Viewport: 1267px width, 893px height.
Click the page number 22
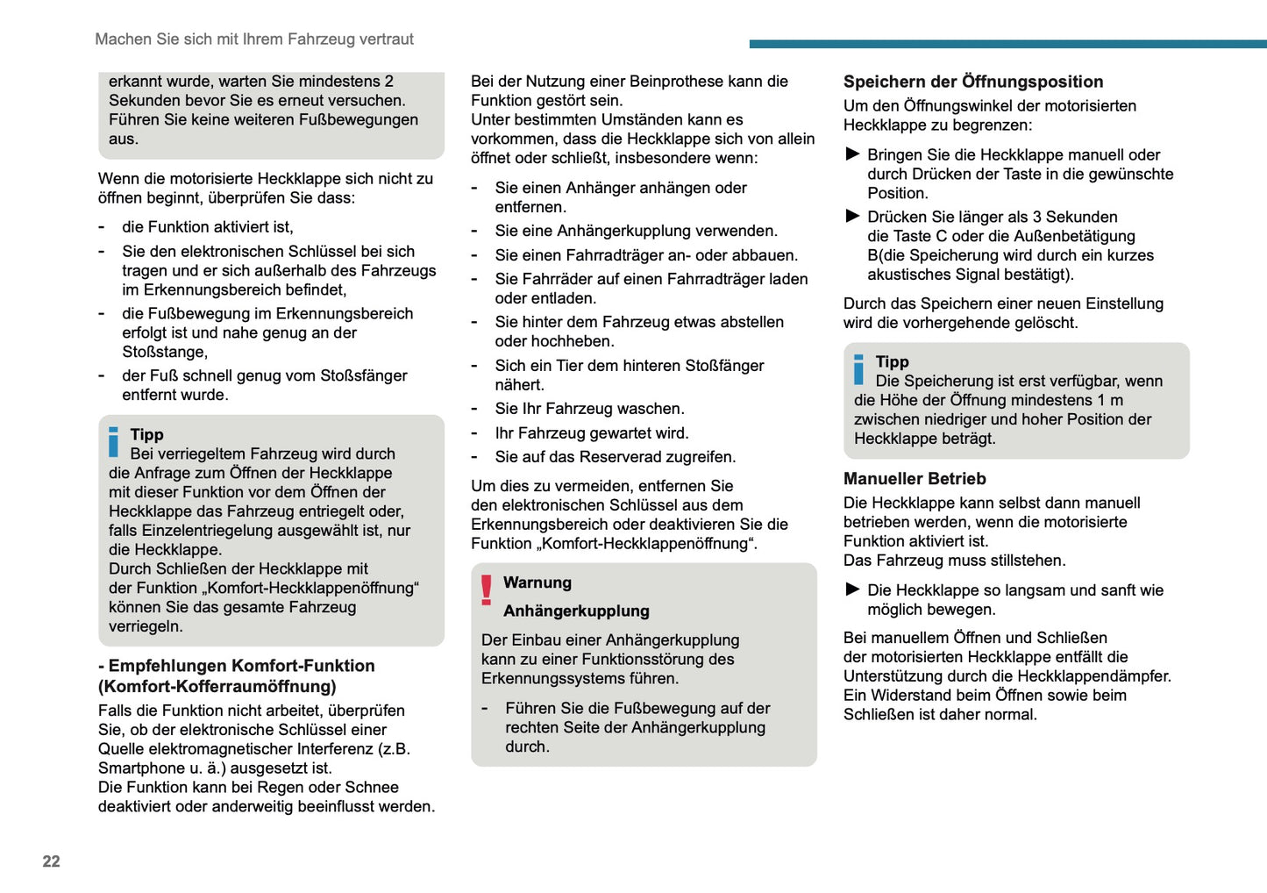pos(51,861)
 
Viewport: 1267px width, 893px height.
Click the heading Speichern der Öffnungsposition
pos(973,82)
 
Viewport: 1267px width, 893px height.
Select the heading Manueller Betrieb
pos(915,479)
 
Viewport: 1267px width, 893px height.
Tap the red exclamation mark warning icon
pos(487,589)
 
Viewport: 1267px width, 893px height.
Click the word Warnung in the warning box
pos(537,582)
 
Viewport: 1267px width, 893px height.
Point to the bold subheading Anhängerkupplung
pos(576,611)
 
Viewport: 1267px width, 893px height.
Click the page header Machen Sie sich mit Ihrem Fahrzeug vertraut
pos(254,39)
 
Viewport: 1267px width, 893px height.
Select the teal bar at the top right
pos(1007,44)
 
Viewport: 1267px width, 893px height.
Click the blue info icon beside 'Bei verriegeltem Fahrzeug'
pos(113,442)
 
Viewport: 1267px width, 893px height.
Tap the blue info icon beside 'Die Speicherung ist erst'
pos(858,369)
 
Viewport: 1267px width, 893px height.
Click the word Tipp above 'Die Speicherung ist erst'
pos(892,361)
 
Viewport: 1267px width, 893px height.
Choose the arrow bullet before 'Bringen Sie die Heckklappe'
pos(852,154)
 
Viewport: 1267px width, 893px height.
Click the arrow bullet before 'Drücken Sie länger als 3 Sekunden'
pos(852,216)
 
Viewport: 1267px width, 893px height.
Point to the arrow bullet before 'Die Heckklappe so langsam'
pos(852,589)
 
